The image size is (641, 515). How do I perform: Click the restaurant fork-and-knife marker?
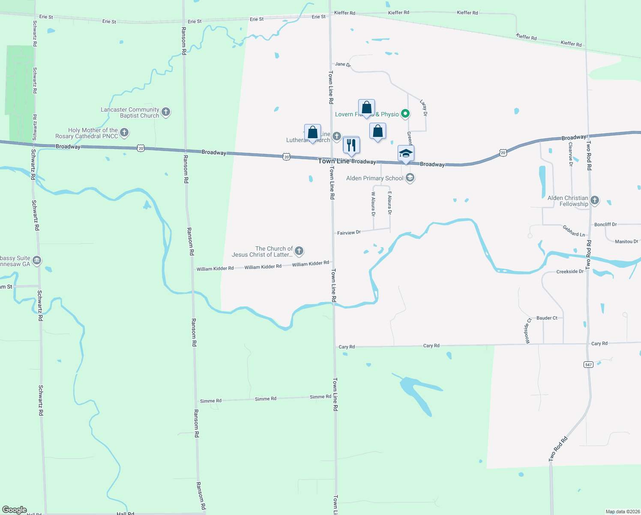(351, 145)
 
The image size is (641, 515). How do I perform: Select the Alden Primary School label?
(374, 178)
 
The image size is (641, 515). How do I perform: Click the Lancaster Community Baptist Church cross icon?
(166, 112)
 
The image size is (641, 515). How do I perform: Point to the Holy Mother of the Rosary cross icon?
(124, 133)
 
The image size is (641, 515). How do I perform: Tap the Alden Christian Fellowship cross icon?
(594, 200)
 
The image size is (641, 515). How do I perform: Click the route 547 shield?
(588, 364)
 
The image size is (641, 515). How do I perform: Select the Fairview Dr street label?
(349, 233)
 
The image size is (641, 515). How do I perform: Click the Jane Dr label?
(342, 64)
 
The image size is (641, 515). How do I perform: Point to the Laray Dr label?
(423, 108)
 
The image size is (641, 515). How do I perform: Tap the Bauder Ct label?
(547, 318)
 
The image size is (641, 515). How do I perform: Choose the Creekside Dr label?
(570, 272)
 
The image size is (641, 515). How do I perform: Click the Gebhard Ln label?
(574, 231)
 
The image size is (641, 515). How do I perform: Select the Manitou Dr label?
(626, 242)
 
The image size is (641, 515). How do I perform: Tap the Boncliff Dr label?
(605, 224)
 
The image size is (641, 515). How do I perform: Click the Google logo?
(15, 509)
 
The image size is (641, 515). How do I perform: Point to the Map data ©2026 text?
(622, 512)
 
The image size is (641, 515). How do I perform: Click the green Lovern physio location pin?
(405, 114)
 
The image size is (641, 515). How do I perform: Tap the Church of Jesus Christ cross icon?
(299, 251)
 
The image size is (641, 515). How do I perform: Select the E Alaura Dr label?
(389, 203)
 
